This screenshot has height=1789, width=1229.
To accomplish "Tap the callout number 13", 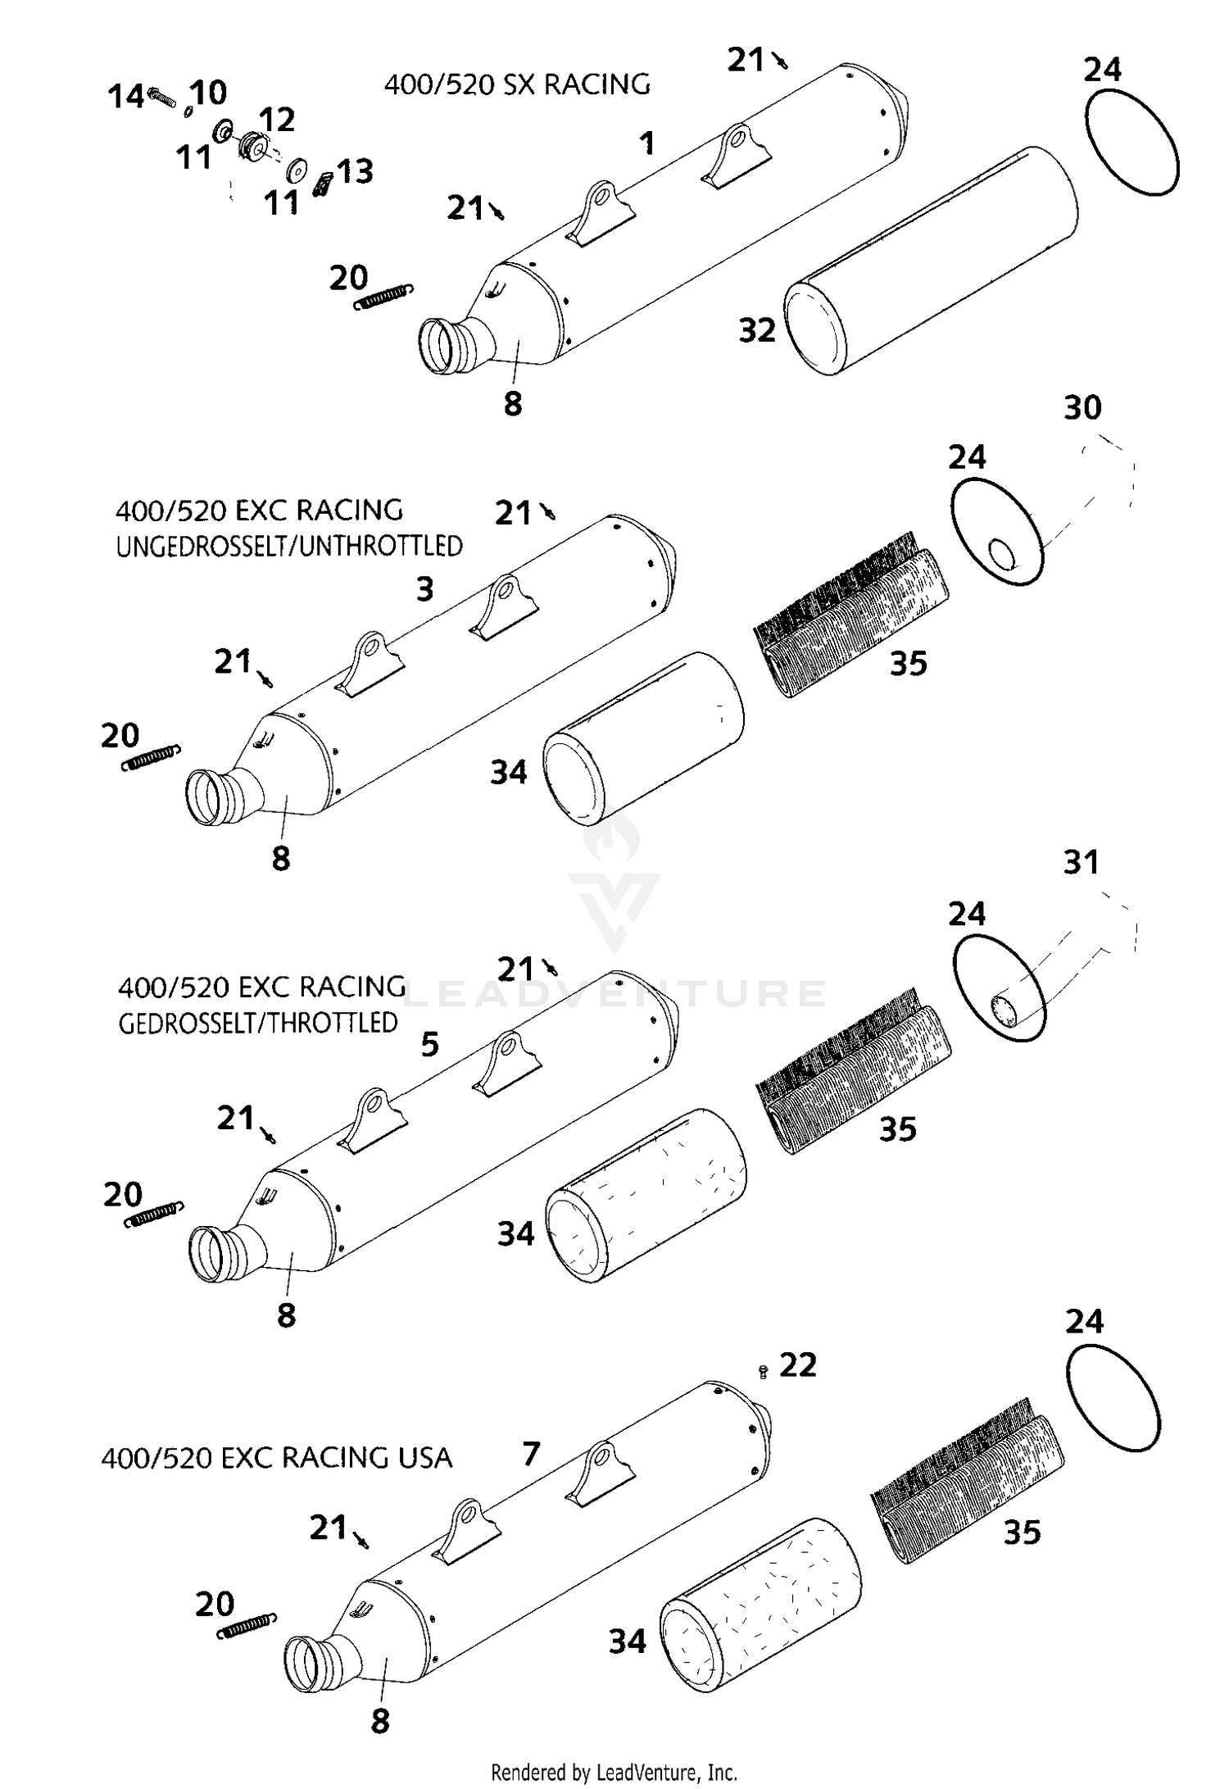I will (x=356, y=172).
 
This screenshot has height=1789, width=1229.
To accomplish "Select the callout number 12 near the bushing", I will (x=277, y=120).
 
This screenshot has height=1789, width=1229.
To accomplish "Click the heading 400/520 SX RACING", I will (x=517, y=84).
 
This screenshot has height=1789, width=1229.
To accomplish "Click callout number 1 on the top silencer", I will (x=647, y=144).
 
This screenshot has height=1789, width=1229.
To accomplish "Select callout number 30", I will (x=1082, y=408).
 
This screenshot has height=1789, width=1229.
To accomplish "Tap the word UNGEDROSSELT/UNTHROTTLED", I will (x=289, y=547).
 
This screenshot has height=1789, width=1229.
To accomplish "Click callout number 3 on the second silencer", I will (x=424, y=589).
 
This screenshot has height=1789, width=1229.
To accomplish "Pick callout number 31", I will (x=1081, y=862).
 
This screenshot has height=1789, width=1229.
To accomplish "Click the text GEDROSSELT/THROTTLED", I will (x=258, y=1024).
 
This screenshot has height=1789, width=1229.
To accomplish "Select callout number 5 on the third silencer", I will (x=430, y=1045).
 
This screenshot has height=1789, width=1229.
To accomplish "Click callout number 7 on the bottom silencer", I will (x=531, y=1455).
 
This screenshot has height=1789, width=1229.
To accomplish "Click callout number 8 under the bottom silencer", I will (x=379, y=1722).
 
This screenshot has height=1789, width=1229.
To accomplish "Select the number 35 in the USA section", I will (x=1022, y=1532).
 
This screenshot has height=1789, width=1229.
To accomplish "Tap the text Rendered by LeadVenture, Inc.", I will (x=614, y=1773).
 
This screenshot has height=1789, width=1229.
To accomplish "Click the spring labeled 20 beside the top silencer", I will (x=383, y=297).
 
